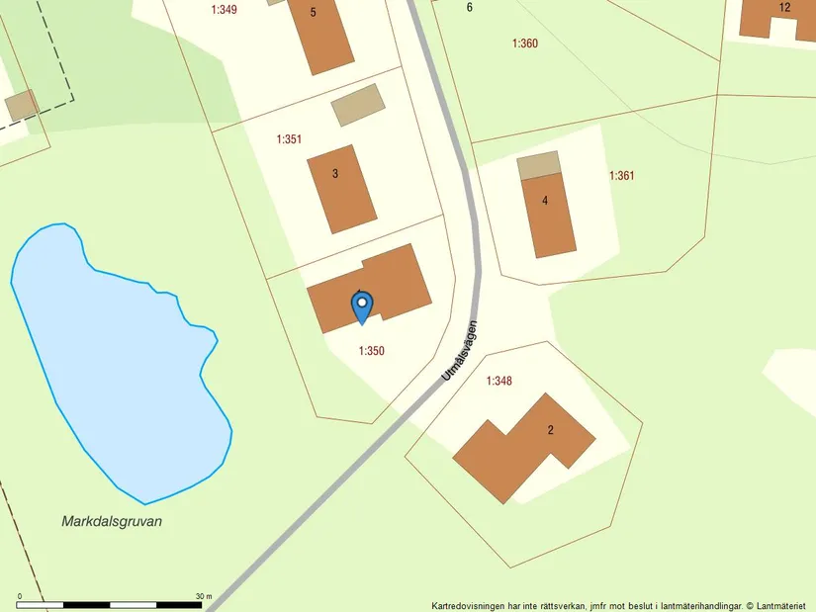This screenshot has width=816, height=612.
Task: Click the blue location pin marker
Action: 363,306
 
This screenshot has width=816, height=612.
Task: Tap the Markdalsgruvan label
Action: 112,521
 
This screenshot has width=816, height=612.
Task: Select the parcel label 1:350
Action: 372,351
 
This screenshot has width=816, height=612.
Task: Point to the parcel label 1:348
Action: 499,381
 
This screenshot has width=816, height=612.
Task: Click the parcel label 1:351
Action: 289,139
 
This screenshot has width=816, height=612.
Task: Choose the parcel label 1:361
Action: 621,176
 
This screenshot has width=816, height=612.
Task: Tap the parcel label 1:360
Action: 525,44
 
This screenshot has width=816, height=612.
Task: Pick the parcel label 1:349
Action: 225,10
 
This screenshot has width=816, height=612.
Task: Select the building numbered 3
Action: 341,188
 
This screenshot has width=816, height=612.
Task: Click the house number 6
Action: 470,8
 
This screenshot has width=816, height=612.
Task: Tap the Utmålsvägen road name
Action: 460,350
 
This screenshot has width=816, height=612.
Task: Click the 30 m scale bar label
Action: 204,596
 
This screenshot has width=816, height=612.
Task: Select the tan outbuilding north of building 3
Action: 356,105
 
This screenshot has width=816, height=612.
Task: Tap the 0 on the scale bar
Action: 20,596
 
